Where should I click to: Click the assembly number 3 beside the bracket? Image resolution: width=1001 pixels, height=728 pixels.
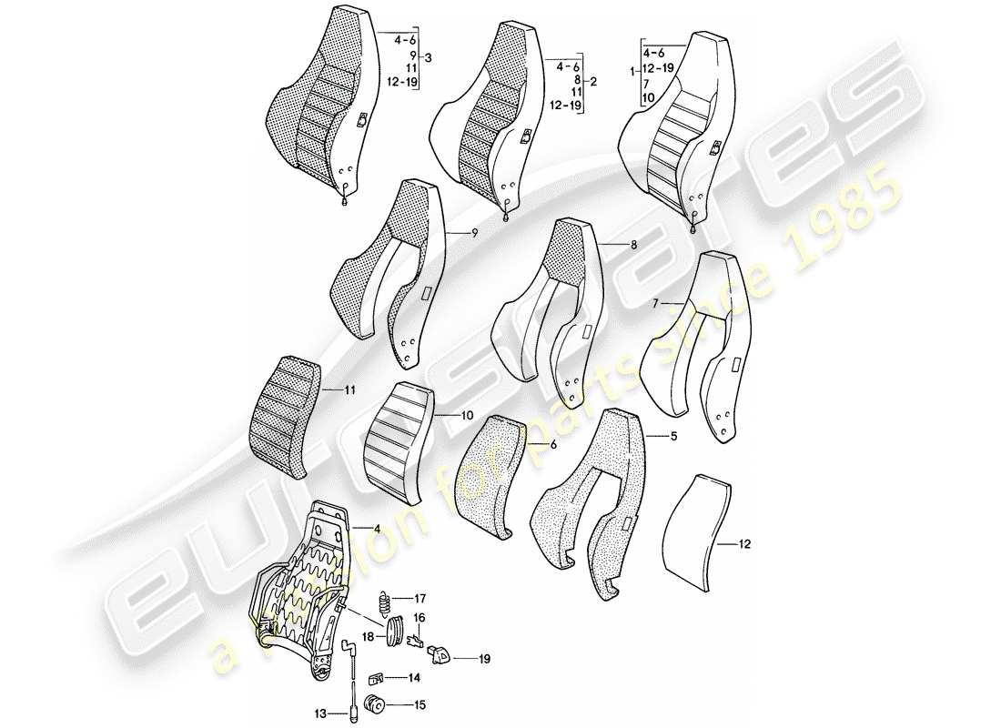[x=429, y=59]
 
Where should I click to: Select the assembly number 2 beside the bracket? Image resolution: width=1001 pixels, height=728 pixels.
[x=593, y=81]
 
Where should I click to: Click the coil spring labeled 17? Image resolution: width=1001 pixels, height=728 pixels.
[x=386, y=601]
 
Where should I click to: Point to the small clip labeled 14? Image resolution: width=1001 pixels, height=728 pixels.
[x=375, y=678]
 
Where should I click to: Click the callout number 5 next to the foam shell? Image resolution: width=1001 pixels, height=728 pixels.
[x=673, y=437]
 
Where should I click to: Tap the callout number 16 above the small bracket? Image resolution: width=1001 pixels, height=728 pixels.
[x=420, y=618]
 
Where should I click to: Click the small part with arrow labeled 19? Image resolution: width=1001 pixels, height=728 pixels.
[x=440, y=652]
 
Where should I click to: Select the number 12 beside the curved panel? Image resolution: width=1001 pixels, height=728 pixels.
[x=746, y=546]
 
